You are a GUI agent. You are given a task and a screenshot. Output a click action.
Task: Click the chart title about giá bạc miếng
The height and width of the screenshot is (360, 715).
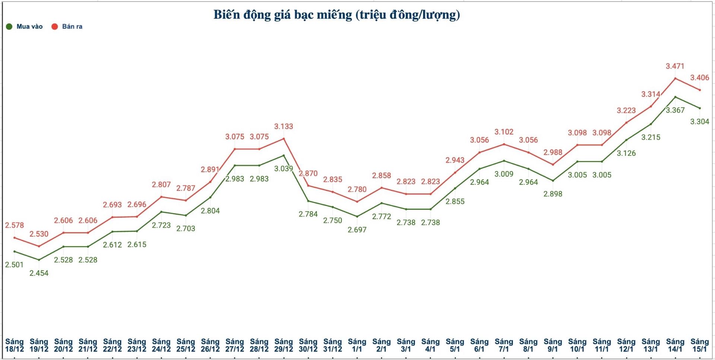[337, 15]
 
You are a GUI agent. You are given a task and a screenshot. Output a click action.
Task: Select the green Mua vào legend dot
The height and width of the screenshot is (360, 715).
[9, 26]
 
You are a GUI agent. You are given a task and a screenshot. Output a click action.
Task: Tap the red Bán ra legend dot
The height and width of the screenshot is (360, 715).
[55, 26]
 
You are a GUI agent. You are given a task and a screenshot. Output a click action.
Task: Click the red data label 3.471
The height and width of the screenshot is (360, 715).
[675, 66]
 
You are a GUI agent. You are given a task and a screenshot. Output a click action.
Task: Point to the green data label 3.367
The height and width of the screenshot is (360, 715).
[675, 110]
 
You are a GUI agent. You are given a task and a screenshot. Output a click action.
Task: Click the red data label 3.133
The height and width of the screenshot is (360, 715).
[284, 127]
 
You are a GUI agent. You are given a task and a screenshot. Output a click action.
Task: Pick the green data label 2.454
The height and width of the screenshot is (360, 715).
[39, 273]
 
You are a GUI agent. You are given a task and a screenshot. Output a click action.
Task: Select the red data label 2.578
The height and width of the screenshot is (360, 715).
[15, 225]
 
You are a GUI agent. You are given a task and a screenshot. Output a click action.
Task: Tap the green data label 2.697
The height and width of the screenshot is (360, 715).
[357, 230]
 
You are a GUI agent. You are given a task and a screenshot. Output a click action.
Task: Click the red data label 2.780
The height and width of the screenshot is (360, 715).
[357, 189]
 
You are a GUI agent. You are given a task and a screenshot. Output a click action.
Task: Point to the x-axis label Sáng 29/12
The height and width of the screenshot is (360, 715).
[284, 345]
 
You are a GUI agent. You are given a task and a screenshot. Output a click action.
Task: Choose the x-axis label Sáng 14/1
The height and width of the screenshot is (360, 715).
[675, 345]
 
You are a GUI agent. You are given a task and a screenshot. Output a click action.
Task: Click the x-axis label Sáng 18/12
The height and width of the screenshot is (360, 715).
[15, 345]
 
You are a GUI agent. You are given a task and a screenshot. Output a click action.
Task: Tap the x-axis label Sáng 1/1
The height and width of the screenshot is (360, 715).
[357, 345]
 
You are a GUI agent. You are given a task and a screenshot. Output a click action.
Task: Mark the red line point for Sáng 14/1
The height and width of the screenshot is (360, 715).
[675, 79]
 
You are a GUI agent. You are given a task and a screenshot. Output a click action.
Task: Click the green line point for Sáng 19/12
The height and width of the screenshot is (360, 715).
[39, 260]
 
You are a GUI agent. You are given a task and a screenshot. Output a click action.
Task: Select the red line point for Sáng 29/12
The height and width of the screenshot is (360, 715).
[284, 139]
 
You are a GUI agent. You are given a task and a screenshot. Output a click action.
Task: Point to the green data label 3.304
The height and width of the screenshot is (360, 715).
[700, 121]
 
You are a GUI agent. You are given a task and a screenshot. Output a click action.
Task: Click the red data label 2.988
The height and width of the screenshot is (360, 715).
[553, 152]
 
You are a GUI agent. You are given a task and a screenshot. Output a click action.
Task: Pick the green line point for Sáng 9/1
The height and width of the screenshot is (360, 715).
[553, 181]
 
